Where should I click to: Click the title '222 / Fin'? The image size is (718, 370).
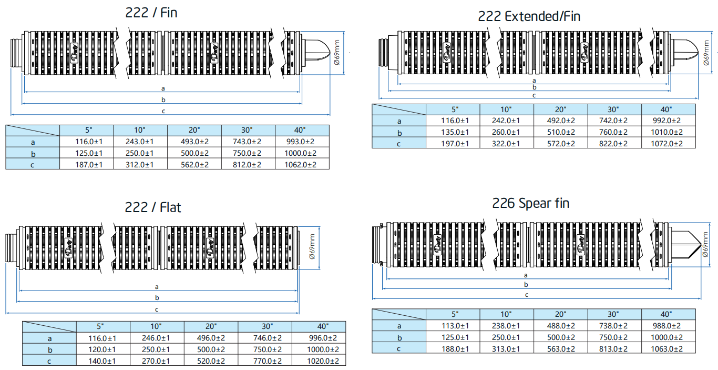[151, 12]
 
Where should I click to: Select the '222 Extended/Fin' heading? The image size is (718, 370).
[529, 16]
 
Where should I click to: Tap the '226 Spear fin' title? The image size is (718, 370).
[530, 203]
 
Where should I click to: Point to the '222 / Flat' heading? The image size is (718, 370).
[152, 207]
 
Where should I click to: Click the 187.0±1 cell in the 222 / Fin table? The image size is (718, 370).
[87, 165]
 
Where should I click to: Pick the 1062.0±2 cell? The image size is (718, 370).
[302, 165]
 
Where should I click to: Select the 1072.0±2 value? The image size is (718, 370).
[668, 144]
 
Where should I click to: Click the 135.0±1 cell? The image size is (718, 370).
[453, 132]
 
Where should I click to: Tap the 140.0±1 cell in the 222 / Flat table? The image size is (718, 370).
[103, 361]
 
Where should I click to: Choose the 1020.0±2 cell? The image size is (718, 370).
[319, 361]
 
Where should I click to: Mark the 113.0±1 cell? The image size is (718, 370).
[453, 326]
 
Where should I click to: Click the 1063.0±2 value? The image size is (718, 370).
[668, 348]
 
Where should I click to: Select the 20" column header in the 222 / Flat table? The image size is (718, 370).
[211, 327]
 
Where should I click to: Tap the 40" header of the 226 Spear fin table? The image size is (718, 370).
[668, 314]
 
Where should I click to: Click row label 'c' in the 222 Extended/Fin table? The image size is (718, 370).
[398, 144]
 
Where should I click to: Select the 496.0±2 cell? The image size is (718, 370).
[211, 338]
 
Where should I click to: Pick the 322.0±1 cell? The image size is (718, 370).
[507, 144]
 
